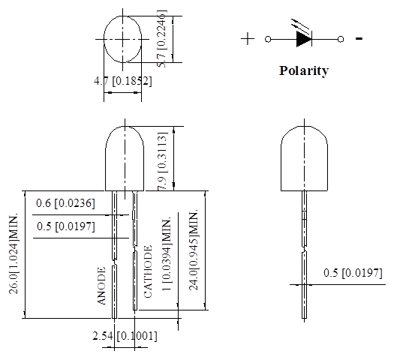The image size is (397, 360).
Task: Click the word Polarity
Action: pyautogui.click(x=304, y=70)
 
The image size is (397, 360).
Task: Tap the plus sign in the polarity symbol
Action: pyautogui.click(x=248, y=39)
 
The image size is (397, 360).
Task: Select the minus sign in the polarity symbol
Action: pyautogui.click(x=359, y=38)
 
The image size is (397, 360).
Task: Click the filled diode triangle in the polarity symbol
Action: pyautogui.click(x=304, y=39)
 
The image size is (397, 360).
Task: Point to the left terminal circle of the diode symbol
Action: pyautogui.click(x=268, y=39)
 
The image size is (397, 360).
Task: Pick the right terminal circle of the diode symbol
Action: pyautogui.click(x=341, y=39)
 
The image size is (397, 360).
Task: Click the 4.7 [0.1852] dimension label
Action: pyautogui.click(x=123, y=81)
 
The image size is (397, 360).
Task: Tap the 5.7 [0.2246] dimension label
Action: pyautogui.click(x=162, y=39)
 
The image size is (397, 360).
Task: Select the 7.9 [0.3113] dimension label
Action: pyautogui.click(x=162, y=161)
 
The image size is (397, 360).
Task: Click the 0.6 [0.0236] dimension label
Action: pyautogui.click(x=65, y=203)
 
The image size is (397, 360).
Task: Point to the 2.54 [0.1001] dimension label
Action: pyautogui.click(x=125, y=336)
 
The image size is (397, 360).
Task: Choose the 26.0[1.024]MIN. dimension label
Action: pyautogui.click(x=14, y=254)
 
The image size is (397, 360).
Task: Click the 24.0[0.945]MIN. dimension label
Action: pyautogui.click(x=194, y=250)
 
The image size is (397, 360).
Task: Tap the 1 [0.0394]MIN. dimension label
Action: pyautogui.click(x=167, y=254)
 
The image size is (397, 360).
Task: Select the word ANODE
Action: pyautogui.click(x=101, y=286)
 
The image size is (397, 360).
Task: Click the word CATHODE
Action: pyautogui.click(x=148, y=271)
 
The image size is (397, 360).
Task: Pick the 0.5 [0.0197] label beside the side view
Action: pyautogui.click(x=353, y=273)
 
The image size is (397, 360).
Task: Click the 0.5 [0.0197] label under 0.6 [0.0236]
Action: pyautogui.click(x=66, y=226)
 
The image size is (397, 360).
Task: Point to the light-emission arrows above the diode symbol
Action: pyautogui.click(x=300, y=25)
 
